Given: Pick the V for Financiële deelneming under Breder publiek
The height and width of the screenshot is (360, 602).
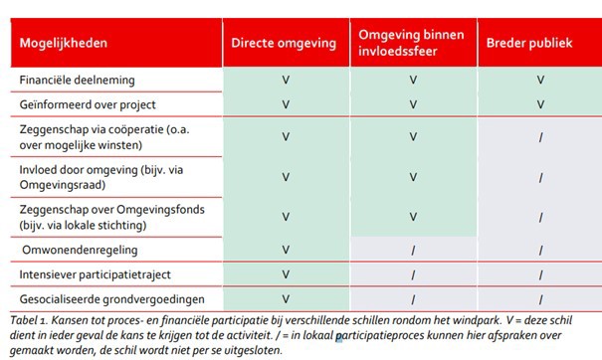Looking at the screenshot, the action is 540,78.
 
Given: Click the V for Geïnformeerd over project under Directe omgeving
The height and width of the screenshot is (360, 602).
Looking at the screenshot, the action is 286,103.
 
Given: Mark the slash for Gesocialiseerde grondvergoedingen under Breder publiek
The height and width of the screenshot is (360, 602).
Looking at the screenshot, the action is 540,298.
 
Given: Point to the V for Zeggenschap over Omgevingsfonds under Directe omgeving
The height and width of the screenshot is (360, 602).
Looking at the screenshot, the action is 286,215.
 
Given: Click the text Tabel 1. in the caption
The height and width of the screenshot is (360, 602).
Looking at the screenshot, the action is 29,320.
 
